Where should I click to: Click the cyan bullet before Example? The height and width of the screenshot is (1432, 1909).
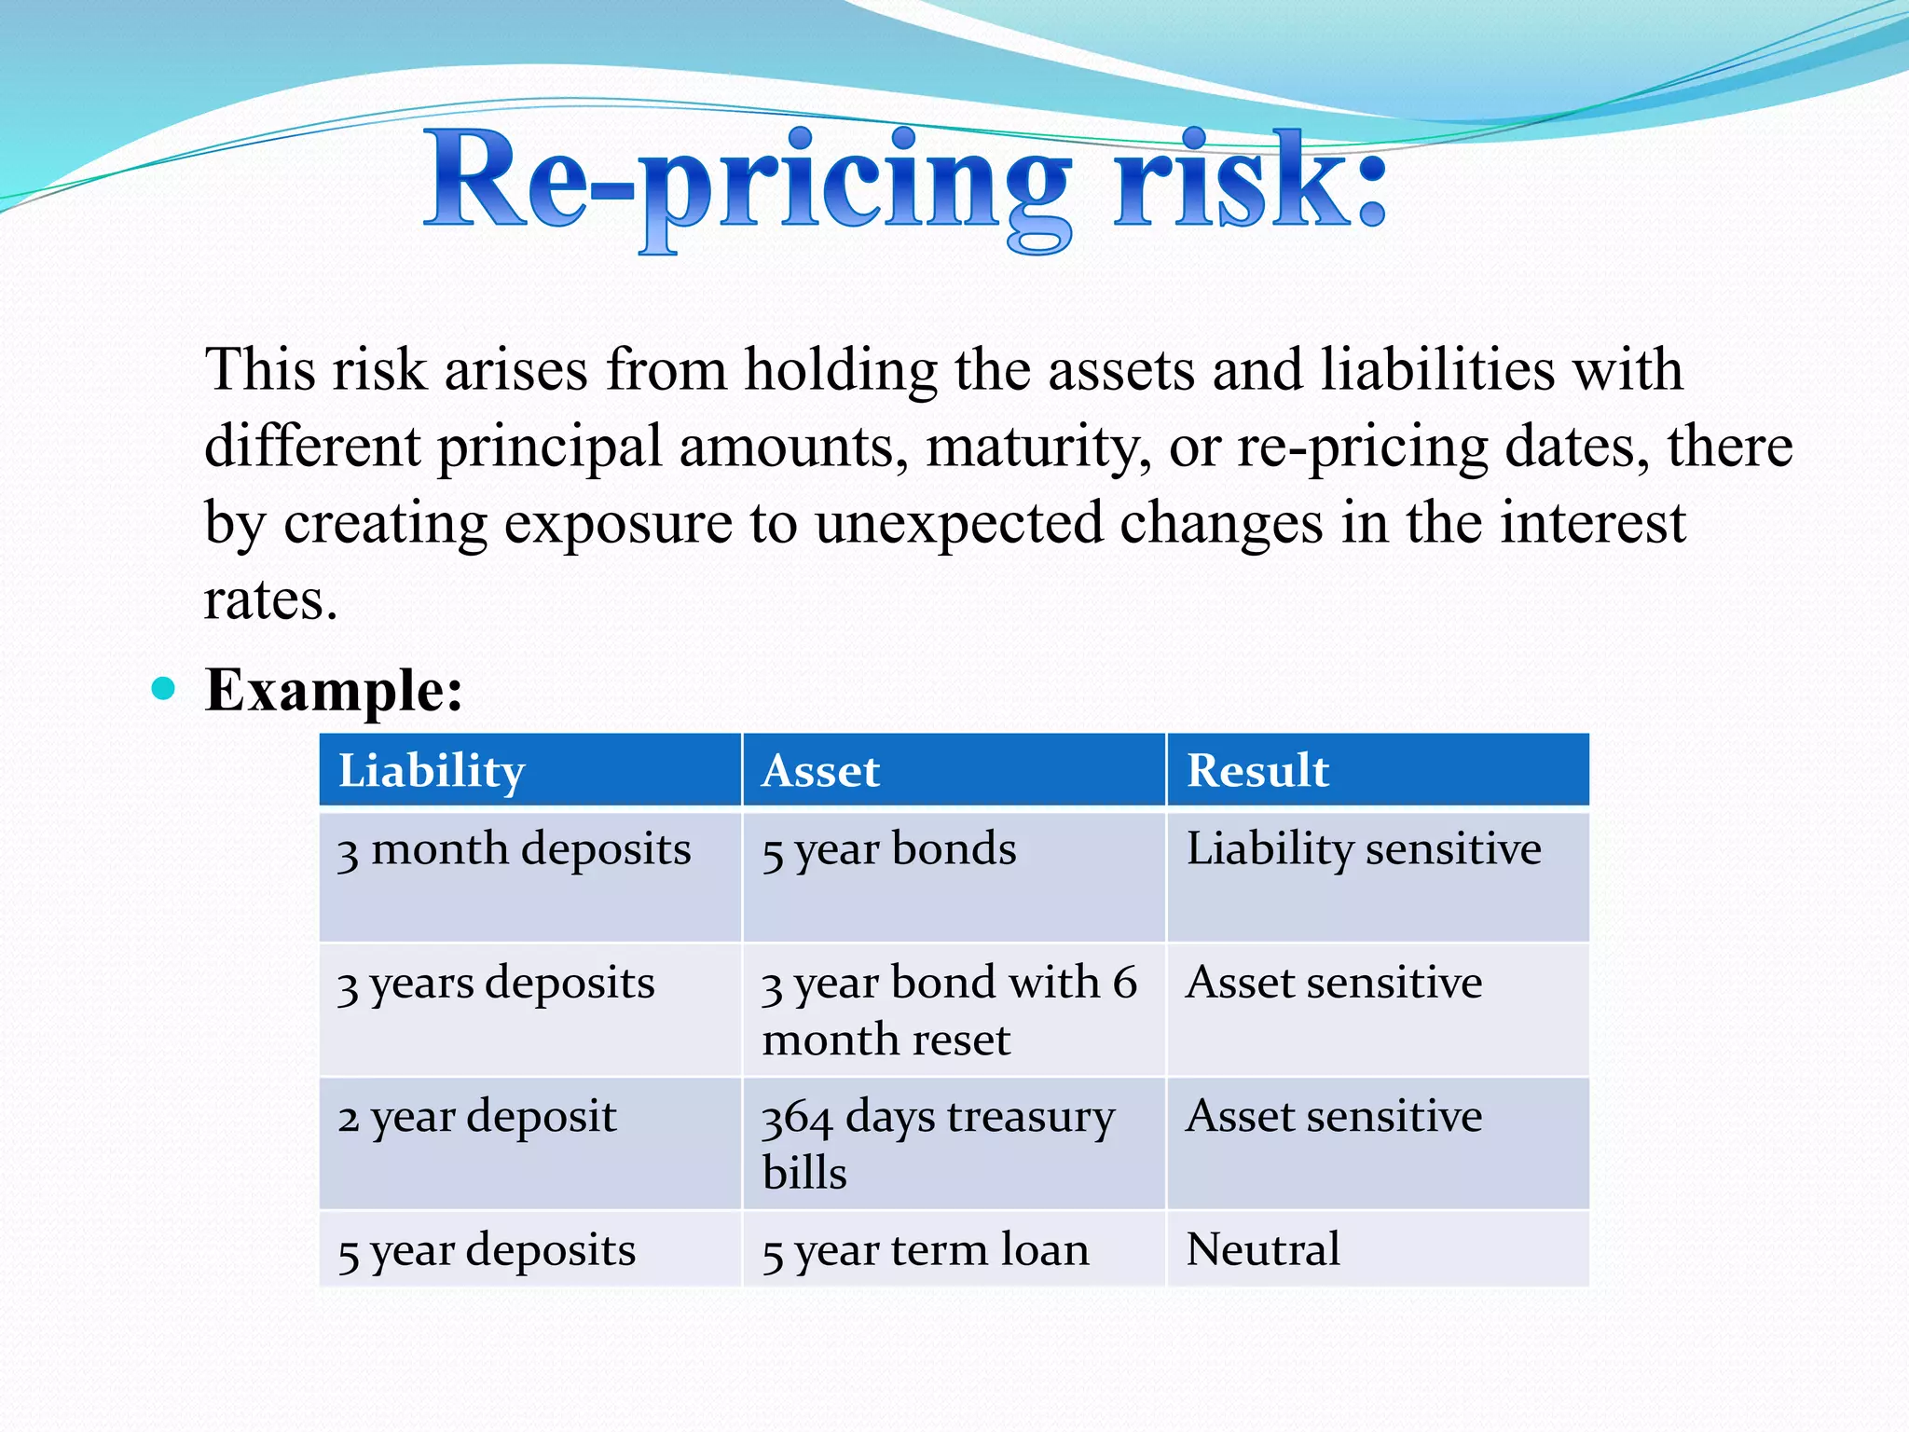tap(163, 689)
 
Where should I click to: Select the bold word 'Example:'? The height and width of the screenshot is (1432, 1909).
tap(334, 691)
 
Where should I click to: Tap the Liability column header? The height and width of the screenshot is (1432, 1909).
tap(432, 771)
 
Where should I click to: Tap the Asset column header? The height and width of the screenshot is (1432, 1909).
tap(820, 771)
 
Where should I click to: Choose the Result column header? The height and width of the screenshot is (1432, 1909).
tap(1257, 771)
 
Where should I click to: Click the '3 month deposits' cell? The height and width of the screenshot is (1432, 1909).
tap(515, 850)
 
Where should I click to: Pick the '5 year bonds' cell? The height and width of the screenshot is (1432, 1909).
tap(889, 850)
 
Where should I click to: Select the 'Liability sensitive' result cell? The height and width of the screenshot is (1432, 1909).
tap(1364, 850)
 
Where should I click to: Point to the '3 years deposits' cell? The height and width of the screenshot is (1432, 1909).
tap(497, 984)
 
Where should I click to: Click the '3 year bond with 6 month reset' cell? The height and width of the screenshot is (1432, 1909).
tap(949, 1011)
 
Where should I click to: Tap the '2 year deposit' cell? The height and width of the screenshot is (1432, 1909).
tap(477, 1117)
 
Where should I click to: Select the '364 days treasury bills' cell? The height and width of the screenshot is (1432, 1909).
tap(938, 1144)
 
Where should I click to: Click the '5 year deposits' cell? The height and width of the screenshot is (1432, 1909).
tap(487, 1251)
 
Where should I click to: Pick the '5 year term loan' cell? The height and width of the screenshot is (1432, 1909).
tap(926, 1251)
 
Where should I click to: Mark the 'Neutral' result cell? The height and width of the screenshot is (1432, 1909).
tap(1263, 1250)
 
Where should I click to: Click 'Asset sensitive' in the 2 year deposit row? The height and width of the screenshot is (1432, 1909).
tap(1334, 1117)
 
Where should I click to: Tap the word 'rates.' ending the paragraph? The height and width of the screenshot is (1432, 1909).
tap(270, 600)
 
